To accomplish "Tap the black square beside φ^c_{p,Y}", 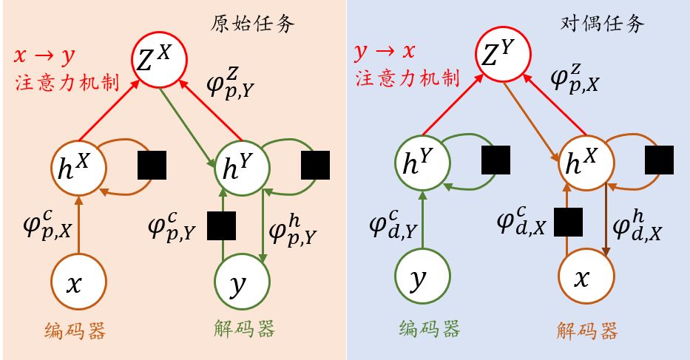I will tap(220, 225).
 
